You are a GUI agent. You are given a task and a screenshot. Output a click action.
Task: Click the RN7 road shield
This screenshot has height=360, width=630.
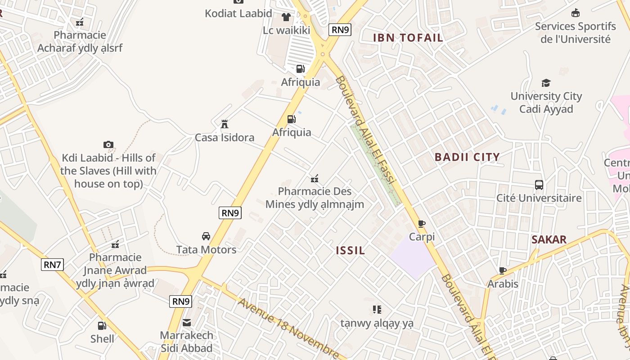(x=52, y=265)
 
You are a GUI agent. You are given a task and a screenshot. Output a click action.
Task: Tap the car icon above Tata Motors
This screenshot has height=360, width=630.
(x=206, y=236)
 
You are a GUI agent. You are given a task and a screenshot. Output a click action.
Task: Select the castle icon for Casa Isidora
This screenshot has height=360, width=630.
(x=224, y=124)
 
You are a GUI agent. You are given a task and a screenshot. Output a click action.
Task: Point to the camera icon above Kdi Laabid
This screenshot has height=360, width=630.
(x=108, y=144)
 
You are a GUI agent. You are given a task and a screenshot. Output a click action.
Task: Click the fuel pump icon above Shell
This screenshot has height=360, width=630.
(x=102, y=325)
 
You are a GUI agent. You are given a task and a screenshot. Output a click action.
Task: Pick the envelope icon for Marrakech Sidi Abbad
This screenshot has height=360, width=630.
(x=186, y=322)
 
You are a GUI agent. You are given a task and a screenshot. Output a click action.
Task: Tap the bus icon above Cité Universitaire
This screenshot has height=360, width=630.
(x=539, y=184)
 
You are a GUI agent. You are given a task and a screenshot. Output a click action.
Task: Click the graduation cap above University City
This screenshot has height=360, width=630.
(x=546, y=83)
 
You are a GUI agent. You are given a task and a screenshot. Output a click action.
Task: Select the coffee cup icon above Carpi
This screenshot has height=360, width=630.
(x=422, y=224)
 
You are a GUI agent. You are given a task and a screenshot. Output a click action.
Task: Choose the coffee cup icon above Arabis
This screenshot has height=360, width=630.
(x=503, y=270)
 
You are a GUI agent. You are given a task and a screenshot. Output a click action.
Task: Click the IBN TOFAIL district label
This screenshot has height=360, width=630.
(x=408, y=38)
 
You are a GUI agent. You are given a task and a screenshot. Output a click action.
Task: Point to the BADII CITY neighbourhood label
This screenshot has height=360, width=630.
(x=467, y=157)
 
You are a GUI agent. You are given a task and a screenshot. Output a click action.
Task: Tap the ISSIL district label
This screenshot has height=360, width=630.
(x=351, y=251)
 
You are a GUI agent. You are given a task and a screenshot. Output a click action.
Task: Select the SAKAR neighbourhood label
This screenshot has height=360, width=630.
(x=549, y=239)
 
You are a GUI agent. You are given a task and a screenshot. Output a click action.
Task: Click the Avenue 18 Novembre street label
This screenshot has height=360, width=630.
(x=288, y=329)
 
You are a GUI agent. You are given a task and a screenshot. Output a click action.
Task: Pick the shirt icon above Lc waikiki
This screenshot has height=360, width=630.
(x=286, y=18)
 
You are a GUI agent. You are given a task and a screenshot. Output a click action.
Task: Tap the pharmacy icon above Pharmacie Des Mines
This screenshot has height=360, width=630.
(x=315, y=179)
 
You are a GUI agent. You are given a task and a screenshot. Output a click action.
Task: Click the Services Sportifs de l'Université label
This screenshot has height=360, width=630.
(x=575, y=32)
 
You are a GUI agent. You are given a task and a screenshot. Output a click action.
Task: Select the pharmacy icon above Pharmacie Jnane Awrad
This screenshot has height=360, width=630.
(x=115, y=244)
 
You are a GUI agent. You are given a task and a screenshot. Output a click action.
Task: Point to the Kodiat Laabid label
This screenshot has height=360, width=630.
(x=238, y=13)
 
